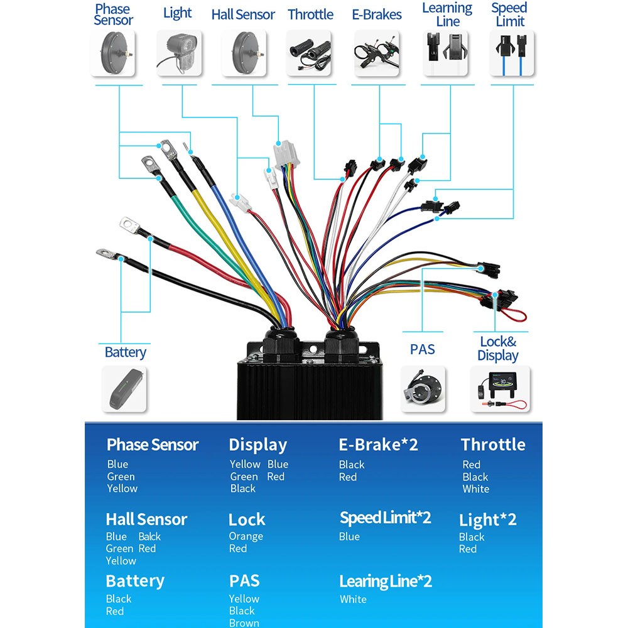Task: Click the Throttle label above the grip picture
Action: click(310, 14)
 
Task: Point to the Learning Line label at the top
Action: click(447, 14)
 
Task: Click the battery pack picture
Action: click(125, 389)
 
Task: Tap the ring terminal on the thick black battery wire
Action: click(105, 254)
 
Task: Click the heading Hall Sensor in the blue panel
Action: click(146, 519)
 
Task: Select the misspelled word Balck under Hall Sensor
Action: click(149, 536)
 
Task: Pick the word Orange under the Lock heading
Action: click(246, 536)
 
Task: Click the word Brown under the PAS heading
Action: click(244, 622)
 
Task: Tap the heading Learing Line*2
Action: click(386, 581)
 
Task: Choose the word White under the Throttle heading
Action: click(475, 489)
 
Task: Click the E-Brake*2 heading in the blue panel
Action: click(378, 445)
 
